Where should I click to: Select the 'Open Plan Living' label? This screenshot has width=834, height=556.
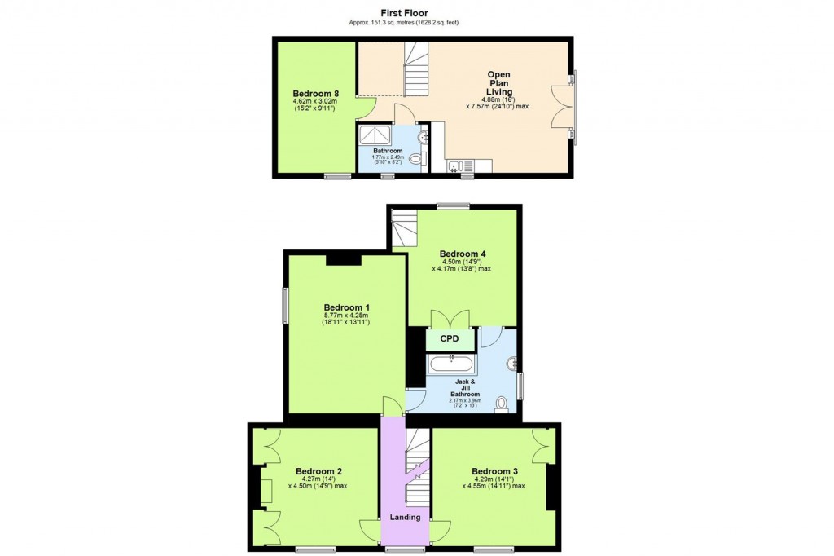pos(498,83)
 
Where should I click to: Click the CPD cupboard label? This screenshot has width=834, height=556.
pos(450,338)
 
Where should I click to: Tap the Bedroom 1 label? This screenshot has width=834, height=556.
pos(346,307)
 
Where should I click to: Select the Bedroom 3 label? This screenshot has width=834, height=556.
pos(494,471)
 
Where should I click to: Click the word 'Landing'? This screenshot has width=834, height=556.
pos(405,517)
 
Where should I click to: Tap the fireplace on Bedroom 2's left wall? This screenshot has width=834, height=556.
pos(266,491)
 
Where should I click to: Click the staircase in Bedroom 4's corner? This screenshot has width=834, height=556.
pos(403,228)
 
